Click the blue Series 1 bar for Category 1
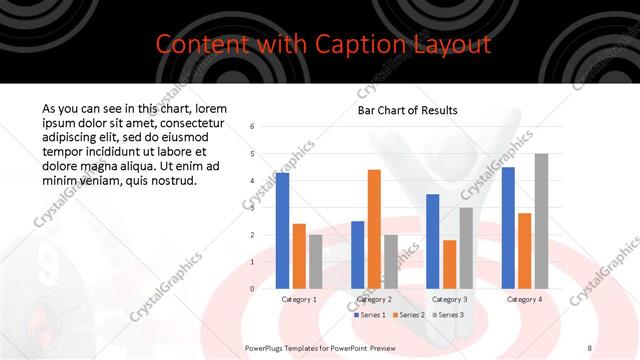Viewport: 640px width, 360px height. coord(283,231)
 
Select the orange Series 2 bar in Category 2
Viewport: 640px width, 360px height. coord(374,229)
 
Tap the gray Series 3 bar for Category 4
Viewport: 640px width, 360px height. coord(541,221)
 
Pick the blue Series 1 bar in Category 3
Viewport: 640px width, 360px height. coord(432,241)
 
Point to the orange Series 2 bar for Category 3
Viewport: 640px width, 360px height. coord(449,264)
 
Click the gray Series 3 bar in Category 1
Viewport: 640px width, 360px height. coord(316,262)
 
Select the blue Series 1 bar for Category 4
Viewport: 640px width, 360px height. coord(508,228)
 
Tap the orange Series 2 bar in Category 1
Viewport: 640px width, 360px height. coord(299,256)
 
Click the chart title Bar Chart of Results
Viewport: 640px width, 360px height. coord(407,110)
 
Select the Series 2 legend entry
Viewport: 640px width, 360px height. coord(407,315)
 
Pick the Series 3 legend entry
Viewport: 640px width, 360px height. coord(447,315)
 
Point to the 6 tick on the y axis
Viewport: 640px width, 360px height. coord(253,127)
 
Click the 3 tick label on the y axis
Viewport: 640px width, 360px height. coord(253,208)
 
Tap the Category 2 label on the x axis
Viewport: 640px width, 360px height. coord(373,299)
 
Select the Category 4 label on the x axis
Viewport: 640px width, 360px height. coord(524,299)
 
